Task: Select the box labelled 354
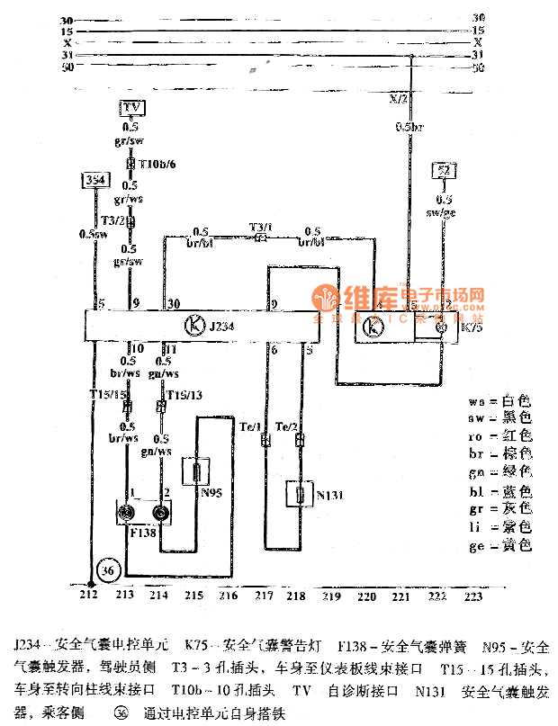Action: pyautogui.click(x=94, y=180)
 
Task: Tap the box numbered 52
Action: pyautogui.click(x=443, y=170)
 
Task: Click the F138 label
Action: pyautogui.click(x=144, y=533)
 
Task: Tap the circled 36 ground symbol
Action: pyautogui.click(x=108, y=570)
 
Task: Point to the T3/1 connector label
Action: pyautogui.click(x=261, y=229)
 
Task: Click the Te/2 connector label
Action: pyautogui.click(x=287, y=426)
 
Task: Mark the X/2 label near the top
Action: pyautogui.click(x=397, y=97)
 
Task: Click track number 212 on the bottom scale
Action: pyautogui.click(x=87, y=596)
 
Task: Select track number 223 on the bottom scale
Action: pyautogui.click(x=472, y=596)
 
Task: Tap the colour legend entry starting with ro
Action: pyautogui.click(x=500, y=435)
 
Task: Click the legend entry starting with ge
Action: pyautogui.click(x=500, y=546)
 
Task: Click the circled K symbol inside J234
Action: pyautogui.click(x=193, y=325)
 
